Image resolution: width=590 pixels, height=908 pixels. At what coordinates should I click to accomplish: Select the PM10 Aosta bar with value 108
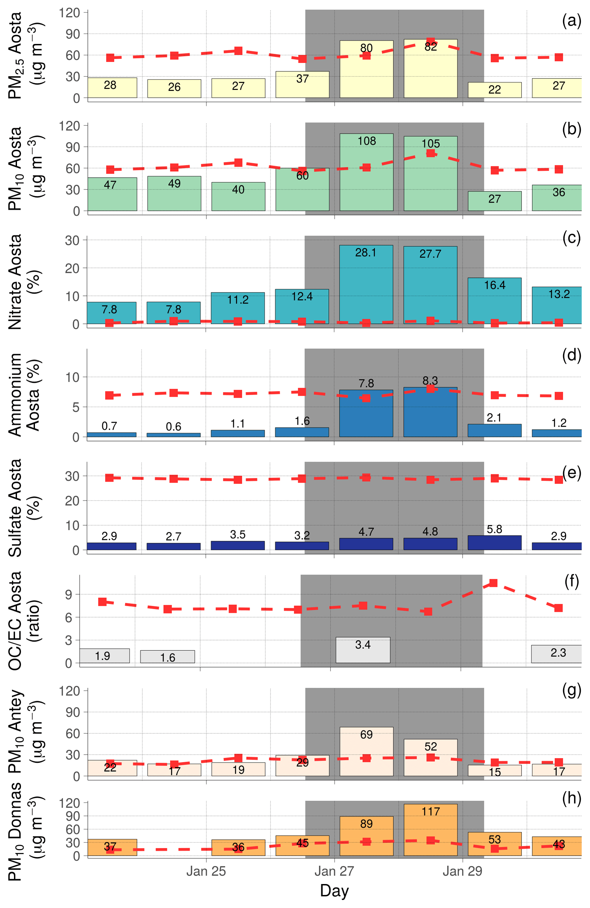coord(366,175)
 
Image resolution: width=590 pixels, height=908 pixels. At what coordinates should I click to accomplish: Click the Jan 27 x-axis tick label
coord(334,871)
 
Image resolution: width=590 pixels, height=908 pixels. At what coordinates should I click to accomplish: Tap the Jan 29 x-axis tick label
coord(462,871)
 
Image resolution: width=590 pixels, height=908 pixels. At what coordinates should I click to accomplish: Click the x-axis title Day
coord(334,891)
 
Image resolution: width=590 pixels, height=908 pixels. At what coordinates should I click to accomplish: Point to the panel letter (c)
coord(571,238)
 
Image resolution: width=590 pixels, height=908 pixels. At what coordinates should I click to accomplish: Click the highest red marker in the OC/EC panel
coord(493,583)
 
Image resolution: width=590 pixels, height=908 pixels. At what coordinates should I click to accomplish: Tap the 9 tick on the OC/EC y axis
coord(69,594)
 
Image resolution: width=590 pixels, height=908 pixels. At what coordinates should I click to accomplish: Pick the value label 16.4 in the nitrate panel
coord(494,285)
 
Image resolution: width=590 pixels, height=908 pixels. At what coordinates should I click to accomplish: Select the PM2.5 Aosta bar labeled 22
coord(494,90)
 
